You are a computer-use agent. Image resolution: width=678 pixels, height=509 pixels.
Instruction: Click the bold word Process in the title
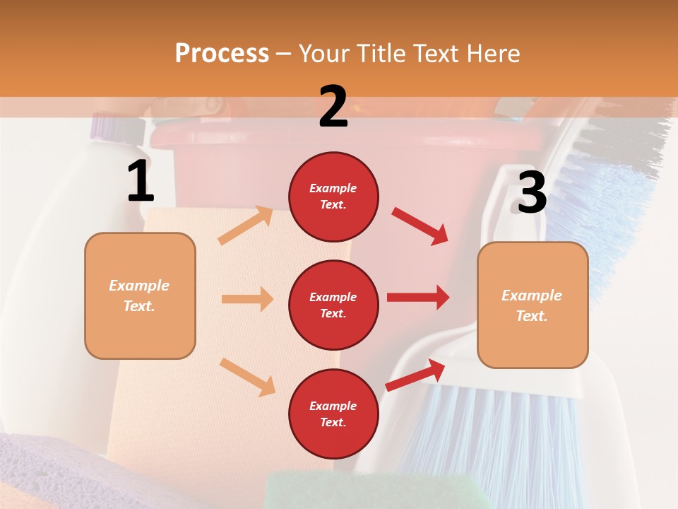[222, 53]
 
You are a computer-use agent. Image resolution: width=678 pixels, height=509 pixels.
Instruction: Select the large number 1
[141, 182]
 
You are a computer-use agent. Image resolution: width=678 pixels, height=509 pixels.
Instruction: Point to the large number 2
[333, 107]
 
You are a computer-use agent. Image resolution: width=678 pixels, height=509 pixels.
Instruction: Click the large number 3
[532, 192]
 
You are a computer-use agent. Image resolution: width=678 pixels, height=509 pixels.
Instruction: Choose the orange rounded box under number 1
[140, 296]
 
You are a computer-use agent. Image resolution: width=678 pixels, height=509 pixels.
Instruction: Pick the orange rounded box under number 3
[533, 305]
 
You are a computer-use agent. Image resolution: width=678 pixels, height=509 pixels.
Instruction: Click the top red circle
[333, 197]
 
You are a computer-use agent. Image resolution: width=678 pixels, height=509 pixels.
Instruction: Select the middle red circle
[333, 305]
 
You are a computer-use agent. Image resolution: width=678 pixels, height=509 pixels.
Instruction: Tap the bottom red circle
[333, 414]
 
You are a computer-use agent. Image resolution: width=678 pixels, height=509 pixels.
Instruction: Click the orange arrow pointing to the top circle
[246, 225]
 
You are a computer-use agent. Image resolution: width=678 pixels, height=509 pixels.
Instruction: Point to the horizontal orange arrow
[247, 299]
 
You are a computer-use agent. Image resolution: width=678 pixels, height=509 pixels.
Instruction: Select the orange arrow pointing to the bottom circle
[247, 376]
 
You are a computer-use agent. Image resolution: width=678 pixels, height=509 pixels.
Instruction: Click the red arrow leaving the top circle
[420, 226]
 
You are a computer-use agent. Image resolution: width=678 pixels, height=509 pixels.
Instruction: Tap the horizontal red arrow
[418, 297]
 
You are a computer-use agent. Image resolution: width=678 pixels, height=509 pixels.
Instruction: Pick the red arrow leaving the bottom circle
[415, 375]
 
